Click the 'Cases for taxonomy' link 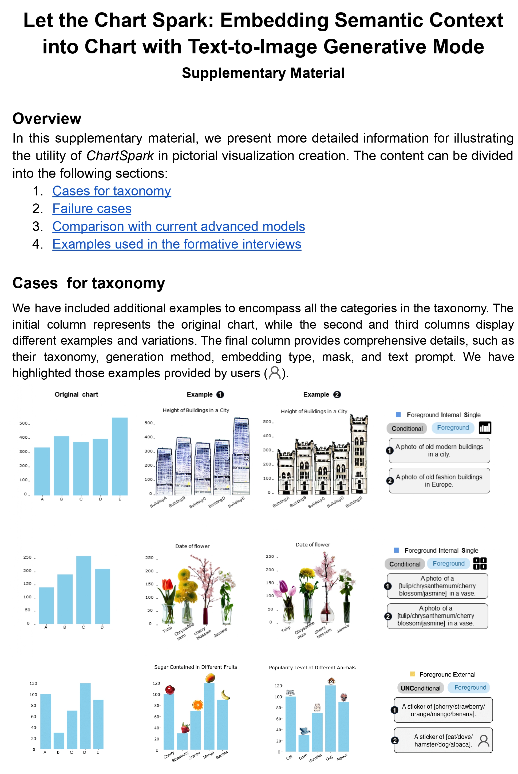(112, 191)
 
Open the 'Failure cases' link (92, 209)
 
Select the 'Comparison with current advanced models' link (178, 226)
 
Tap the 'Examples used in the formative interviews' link (177, 244)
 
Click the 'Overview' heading (47, 119)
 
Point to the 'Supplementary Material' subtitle (263, 73)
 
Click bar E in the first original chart (120, 456)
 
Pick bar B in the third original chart (59, 741)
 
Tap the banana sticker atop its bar (225, 695)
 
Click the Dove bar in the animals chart (304, 743)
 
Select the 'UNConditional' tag (420, 688)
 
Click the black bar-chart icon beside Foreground (485, 428)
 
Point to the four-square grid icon (480, 564)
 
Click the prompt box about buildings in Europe (439, 481)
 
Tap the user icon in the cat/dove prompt (484, 741)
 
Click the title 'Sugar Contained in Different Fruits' (196, 667)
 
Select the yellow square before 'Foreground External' (412, 674)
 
